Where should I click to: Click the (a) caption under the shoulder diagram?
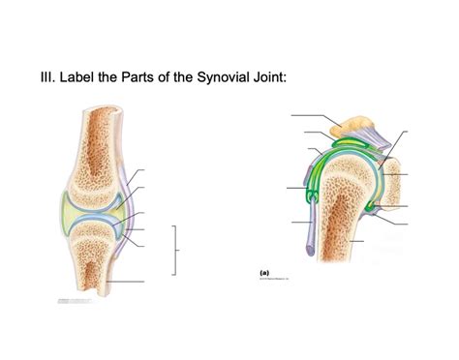click(264, 273)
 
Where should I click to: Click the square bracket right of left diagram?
click(177, 250)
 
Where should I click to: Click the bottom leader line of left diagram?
click(126, 282)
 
